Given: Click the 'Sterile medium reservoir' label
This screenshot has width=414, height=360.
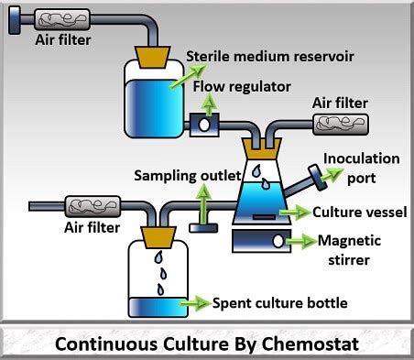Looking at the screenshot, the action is click(270, 57).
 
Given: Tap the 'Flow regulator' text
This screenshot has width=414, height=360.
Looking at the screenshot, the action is click(242, 87).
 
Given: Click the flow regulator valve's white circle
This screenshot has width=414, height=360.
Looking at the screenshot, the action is click(204, 125).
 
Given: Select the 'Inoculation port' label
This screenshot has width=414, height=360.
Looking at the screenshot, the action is click(362, 168).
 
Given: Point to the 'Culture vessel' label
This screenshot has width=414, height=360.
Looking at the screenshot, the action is click(360, 213).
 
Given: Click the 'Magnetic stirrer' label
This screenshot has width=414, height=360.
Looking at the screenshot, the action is click(349, 250).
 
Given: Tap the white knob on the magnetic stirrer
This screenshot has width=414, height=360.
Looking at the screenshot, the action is click(278, 241).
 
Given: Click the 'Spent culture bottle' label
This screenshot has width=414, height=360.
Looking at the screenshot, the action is click(280, 303).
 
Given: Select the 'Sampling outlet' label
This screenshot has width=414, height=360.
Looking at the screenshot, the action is click(188, 176).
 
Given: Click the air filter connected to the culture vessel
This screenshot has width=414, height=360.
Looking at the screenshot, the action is click(341, 125).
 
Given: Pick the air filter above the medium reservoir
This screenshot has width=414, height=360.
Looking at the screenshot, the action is click(62, 19).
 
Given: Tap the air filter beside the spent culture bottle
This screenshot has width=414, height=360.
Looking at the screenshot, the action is click(93, 206).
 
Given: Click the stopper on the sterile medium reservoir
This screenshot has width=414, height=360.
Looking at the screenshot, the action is click(153, 57).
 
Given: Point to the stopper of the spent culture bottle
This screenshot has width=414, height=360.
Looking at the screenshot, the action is click(158, 237).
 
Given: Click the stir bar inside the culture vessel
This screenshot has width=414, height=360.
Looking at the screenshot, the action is click(264, 217).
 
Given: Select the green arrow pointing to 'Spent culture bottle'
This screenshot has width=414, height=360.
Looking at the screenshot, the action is click(195, 303).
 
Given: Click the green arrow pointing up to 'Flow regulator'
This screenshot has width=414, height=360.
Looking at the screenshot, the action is click(209, 104).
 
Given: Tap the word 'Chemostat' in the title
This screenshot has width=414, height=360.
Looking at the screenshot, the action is click(310, 344).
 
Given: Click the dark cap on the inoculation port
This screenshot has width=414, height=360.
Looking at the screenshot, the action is click(318, 178).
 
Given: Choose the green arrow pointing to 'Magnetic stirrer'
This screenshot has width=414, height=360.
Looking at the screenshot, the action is click(300, 241).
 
